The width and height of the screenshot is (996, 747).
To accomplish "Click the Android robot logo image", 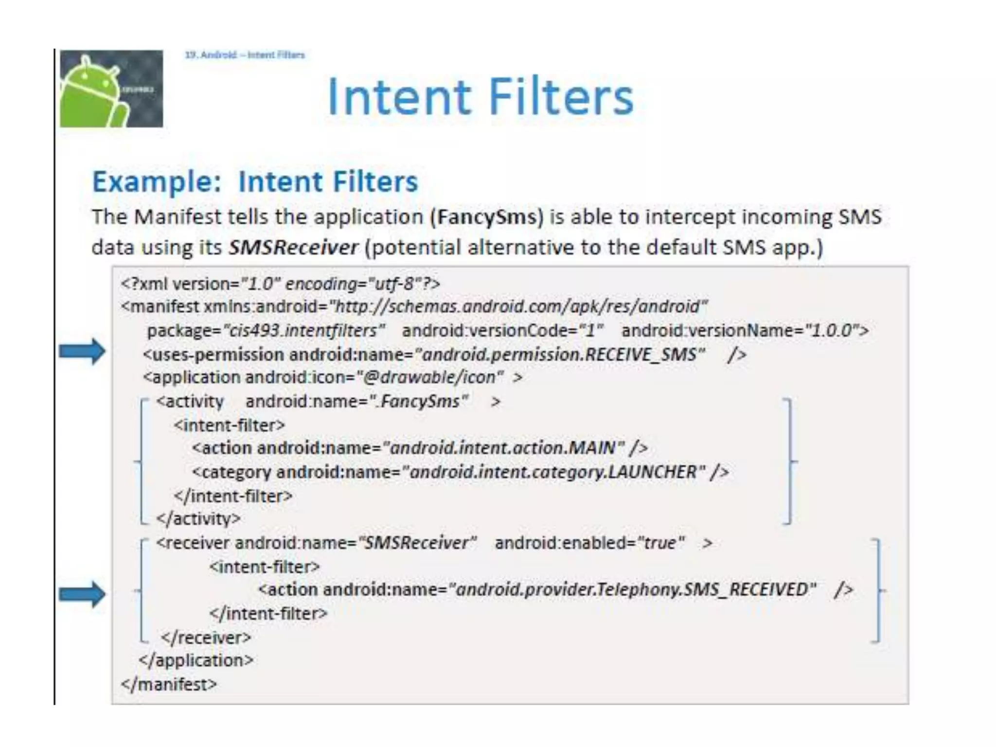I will tap(111, 89).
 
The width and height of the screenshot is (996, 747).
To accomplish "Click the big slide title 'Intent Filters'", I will tap(480, 97).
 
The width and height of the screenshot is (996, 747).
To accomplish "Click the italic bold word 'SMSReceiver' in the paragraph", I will tap(293, 248).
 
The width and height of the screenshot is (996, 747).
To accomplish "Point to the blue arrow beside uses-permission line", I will tap(82, 351).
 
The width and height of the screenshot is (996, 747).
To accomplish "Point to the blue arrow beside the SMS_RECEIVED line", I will tap(82, 594).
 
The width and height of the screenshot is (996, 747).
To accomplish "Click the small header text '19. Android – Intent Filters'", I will tap(245, 55).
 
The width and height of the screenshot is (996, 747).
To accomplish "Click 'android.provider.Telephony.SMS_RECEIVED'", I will tap(632, 590).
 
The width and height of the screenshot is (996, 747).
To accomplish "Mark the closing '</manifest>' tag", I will tap(169, 684).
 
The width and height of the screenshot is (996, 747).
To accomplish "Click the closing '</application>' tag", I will tap(196, 660).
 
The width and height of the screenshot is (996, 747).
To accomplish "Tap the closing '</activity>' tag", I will tap(198, 519).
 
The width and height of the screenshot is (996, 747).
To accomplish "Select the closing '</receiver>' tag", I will tap(206, 638).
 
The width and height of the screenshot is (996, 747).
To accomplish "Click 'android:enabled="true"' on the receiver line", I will tap(590, 543).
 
